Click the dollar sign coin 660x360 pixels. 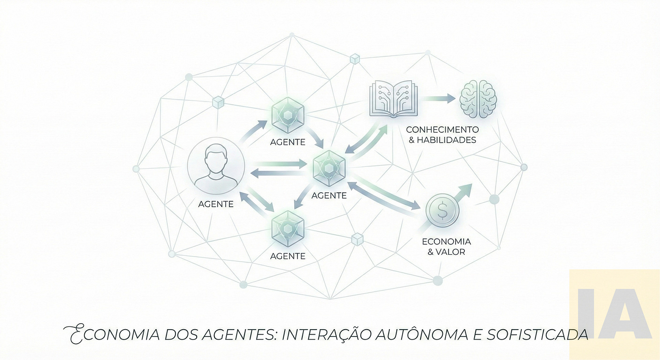(442, 211)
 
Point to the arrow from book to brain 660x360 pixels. (438, 98)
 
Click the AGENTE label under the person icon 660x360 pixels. (216, 204)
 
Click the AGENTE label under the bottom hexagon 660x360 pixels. (288, 256)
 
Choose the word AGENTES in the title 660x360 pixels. (236, 335)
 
